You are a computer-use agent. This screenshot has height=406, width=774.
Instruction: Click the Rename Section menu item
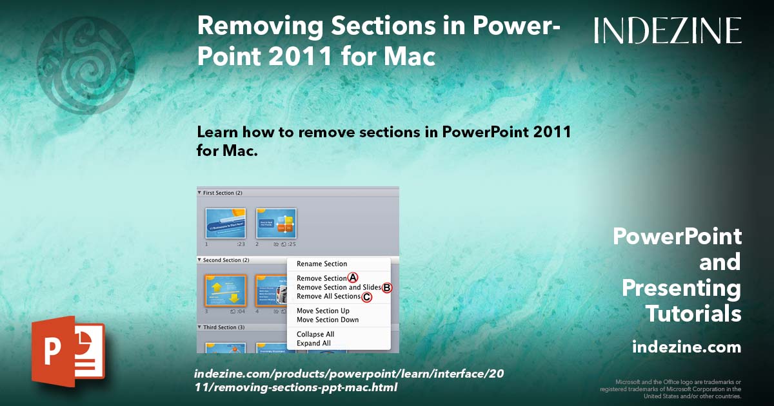(x=322, y=264)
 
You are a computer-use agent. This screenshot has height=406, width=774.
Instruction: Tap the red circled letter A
(x=353, y=278)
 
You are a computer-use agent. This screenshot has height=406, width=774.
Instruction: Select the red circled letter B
(x=387, y=287)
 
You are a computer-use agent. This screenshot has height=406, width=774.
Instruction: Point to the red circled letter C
(x=366, y=296)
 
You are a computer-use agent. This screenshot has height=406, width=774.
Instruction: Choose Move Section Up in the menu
(x=322, y=311)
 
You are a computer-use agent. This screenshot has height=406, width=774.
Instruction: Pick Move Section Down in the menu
(x=327, y=320)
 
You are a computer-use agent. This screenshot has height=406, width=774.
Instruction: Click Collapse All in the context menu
(x=315, y=334)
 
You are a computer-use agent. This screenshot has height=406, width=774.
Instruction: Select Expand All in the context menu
(x=313, y=343)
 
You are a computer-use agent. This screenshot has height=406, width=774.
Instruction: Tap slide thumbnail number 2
(x=276, y=223)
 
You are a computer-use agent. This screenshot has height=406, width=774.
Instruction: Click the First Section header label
(x=222, y=193)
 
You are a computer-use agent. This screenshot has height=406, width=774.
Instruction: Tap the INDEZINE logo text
(x=668, y=31)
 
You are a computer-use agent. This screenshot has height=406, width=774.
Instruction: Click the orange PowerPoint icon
(x=68, y=351)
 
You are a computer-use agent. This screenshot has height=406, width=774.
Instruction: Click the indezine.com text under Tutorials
(x=686, y=347)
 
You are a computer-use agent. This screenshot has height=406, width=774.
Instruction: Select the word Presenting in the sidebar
(x=681, y=288)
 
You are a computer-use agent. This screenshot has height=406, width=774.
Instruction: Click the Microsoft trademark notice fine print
(x=671, y=389)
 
